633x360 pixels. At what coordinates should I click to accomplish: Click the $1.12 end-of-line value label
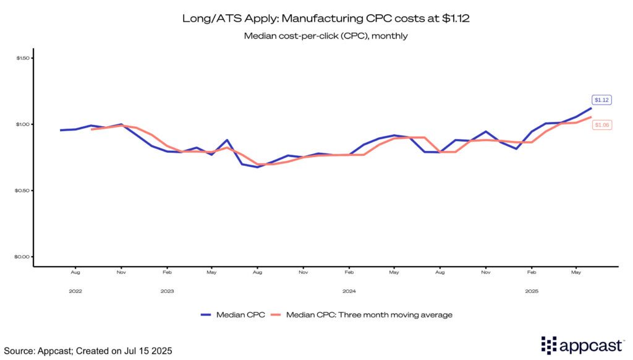601,100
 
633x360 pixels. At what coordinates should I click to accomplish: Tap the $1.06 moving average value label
601,125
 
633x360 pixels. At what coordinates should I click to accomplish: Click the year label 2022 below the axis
75,291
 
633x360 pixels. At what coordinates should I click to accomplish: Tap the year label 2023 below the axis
167,291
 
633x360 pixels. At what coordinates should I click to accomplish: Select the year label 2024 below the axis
349,291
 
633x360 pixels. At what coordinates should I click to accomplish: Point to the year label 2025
531,291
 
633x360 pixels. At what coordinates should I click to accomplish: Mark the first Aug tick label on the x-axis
75,272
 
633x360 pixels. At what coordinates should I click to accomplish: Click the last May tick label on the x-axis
577,272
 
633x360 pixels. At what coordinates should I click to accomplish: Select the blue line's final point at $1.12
592,108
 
